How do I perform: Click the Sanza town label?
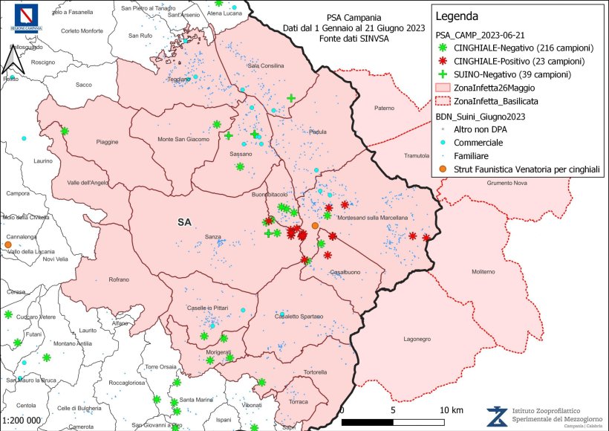point(213,237)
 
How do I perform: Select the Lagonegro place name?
point(417,338)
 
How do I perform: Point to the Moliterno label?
point(482,272)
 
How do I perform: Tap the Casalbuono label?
point(345,272)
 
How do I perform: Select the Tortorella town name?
point(314,372)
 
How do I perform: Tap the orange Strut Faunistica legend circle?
point(443,170)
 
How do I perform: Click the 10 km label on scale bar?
point(452,410)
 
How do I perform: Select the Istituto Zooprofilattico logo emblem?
point(497,416)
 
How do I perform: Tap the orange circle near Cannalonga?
point(7,244)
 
